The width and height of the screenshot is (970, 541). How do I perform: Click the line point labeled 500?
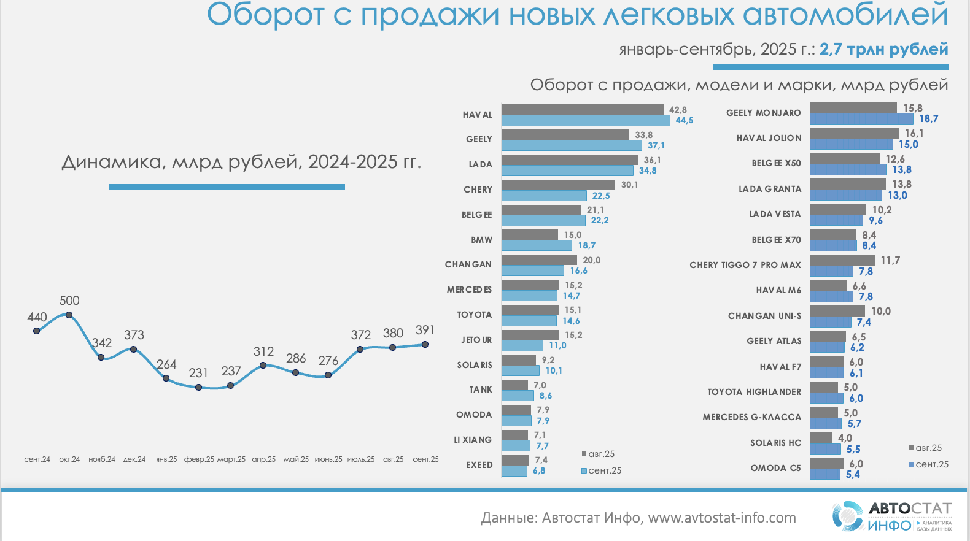[x=69, y=315]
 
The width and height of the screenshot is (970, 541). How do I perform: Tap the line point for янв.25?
[x=166, y=378]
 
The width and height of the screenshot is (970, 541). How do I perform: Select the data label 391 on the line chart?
[x=425, y=330]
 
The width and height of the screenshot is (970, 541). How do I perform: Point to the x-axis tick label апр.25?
[x=263, y=459]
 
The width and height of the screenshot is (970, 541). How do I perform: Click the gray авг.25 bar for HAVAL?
[x=582, y=110]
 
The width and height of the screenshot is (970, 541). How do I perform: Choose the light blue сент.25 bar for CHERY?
[x=544, y=196]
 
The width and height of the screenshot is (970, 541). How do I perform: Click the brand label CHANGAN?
[x=468, y=264]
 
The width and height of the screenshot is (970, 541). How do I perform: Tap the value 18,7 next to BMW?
[x=587, y=245]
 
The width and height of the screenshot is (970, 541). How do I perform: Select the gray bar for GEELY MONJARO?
[x=853, y=108]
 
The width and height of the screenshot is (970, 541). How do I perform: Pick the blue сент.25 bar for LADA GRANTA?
[x=846, y=195]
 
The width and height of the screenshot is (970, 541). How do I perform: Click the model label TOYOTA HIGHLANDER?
[x=754, y=392]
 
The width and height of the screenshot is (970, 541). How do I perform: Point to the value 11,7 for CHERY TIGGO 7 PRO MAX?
[x=890, y=261]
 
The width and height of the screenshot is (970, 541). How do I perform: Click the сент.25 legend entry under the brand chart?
[x=602, y=470]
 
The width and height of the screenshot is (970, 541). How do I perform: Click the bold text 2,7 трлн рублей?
[x=883, y=50]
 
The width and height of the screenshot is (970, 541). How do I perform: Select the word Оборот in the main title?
[x=265, y=15]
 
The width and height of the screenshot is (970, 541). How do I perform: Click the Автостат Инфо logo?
[x=891, y=516]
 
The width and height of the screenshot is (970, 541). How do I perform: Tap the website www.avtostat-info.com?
[x=722, y=518]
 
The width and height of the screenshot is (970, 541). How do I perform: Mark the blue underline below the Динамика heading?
[x=227, y=186]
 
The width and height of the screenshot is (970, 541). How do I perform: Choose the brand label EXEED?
[x=479, y=465]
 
